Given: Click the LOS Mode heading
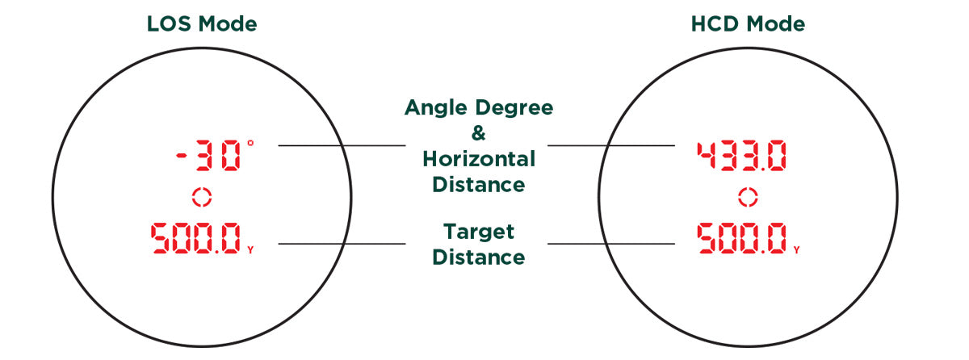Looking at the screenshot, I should tap(202, 24).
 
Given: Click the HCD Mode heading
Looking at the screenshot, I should tap(749, 24).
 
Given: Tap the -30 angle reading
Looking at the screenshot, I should tap(208, 157).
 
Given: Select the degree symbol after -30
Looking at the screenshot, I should tap(250, 143).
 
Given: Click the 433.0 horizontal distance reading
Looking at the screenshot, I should tap(741, 157).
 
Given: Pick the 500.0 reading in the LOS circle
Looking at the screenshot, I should tap(195, 238).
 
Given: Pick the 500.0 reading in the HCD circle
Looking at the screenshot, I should tap(742, 238).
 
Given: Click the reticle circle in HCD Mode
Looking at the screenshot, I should tap(749, 196).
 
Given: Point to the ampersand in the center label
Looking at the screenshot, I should tap(479, 132).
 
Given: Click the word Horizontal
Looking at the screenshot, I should tap(479, 158).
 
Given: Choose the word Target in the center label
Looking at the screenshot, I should tap(479, 232).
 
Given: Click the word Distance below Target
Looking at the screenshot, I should tap(479, 257).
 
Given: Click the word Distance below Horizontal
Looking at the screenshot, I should tap(479, 184).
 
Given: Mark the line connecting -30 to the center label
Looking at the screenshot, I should tap(341, 145).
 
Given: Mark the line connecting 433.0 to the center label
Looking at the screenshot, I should tap(611, 145).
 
